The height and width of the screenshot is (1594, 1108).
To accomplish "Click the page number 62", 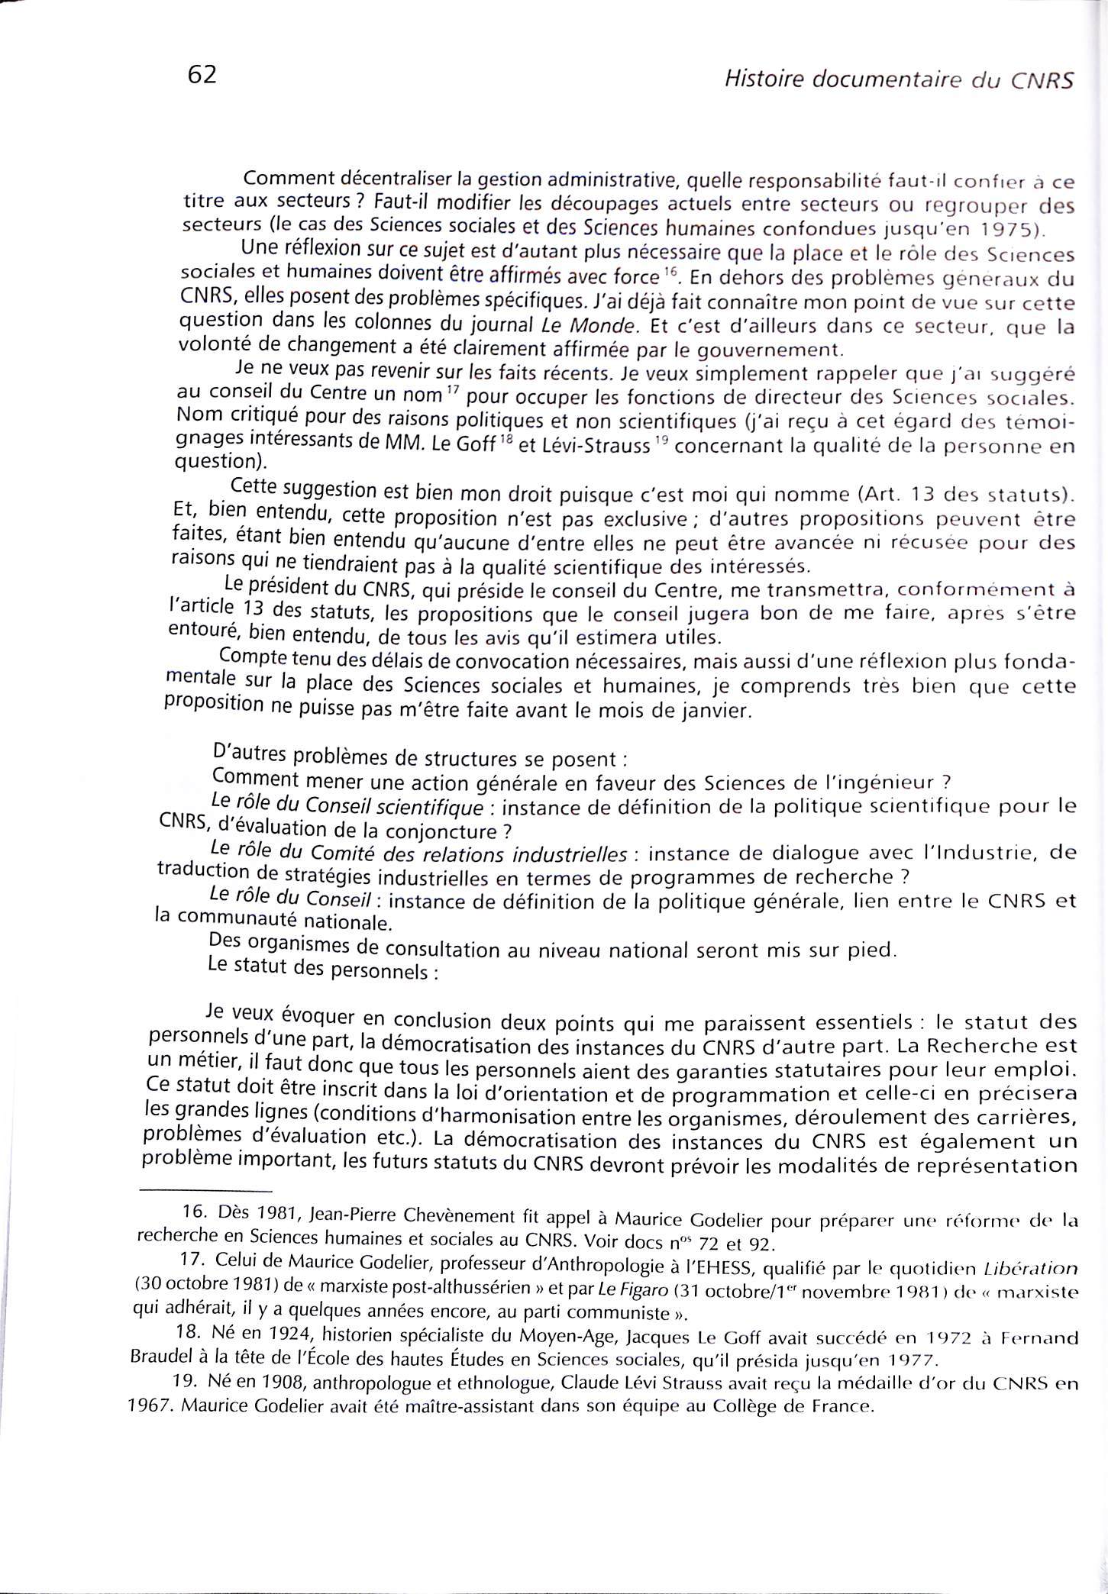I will pos(202,75).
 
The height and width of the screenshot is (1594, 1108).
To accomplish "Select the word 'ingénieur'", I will pos(882,782).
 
